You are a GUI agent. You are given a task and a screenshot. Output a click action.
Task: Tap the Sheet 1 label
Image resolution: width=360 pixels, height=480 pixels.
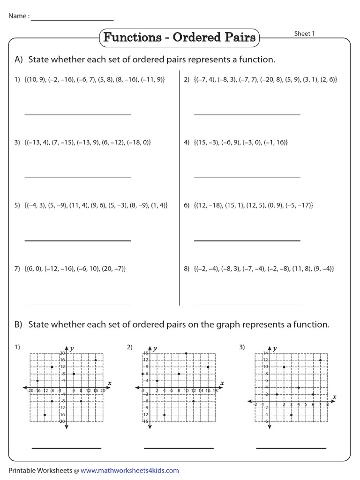click(304, 33)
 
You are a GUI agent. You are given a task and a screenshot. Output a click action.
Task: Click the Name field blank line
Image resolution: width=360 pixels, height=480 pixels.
click(72, 20)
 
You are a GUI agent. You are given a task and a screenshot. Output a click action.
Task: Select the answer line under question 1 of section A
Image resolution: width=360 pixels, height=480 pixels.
click(77, 114)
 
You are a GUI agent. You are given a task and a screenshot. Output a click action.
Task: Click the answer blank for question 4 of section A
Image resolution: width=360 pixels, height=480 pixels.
click(247, 178)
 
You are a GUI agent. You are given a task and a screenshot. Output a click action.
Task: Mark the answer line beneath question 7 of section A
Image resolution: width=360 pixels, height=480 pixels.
click(77, 304)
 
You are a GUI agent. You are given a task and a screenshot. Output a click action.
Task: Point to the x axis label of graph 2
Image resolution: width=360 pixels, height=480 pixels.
click(222, 383)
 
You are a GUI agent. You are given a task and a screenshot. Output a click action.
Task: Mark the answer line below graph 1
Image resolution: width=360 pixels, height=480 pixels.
click(67, 448)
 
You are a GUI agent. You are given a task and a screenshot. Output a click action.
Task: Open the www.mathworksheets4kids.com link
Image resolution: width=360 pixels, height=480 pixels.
click(129, 470)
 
